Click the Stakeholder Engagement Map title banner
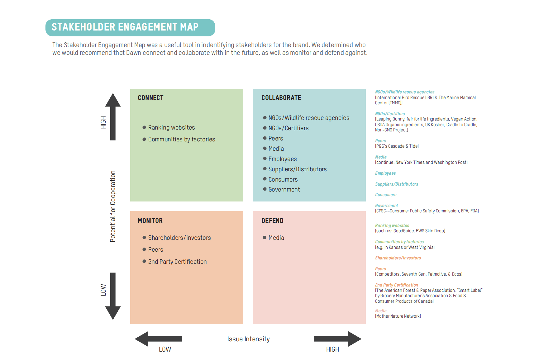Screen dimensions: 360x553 pos(130,27)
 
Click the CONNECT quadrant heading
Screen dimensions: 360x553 pos(150,98)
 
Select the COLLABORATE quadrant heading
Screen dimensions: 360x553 pos(281,98)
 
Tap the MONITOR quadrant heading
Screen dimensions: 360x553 pos(150,221)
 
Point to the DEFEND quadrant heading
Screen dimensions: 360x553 pos(272,221)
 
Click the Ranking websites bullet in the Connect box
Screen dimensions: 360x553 pos(171,127)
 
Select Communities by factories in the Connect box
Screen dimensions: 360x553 pos(181,139)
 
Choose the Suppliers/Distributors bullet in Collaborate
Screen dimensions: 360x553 pos(297,169)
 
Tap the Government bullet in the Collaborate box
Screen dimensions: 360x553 pos(284,189)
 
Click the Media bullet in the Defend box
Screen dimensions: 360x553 pos(276,238)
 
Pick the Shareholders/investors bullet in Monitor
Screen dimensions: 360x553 pos(179,238)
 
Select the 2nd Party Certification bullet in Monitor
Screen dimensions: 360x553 pos(177,262)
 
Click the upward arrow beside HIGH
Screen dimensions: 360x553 pos(113,116)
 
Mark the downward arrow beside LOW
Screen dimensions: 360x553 pos(113,296)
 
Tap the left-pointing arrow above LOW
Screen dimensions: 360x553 pos(158,339)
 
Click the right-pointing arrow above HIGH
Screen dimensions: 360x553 pos(338,339)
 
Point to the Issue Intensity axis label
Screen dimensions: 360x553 pos(248,339)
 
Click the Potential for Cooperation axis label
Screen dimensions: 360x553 pos(113,206)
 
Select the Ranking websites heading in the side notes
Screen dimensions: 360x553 pos(392,225)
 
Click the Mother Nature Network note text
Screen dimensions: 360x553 pos(398,316)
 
